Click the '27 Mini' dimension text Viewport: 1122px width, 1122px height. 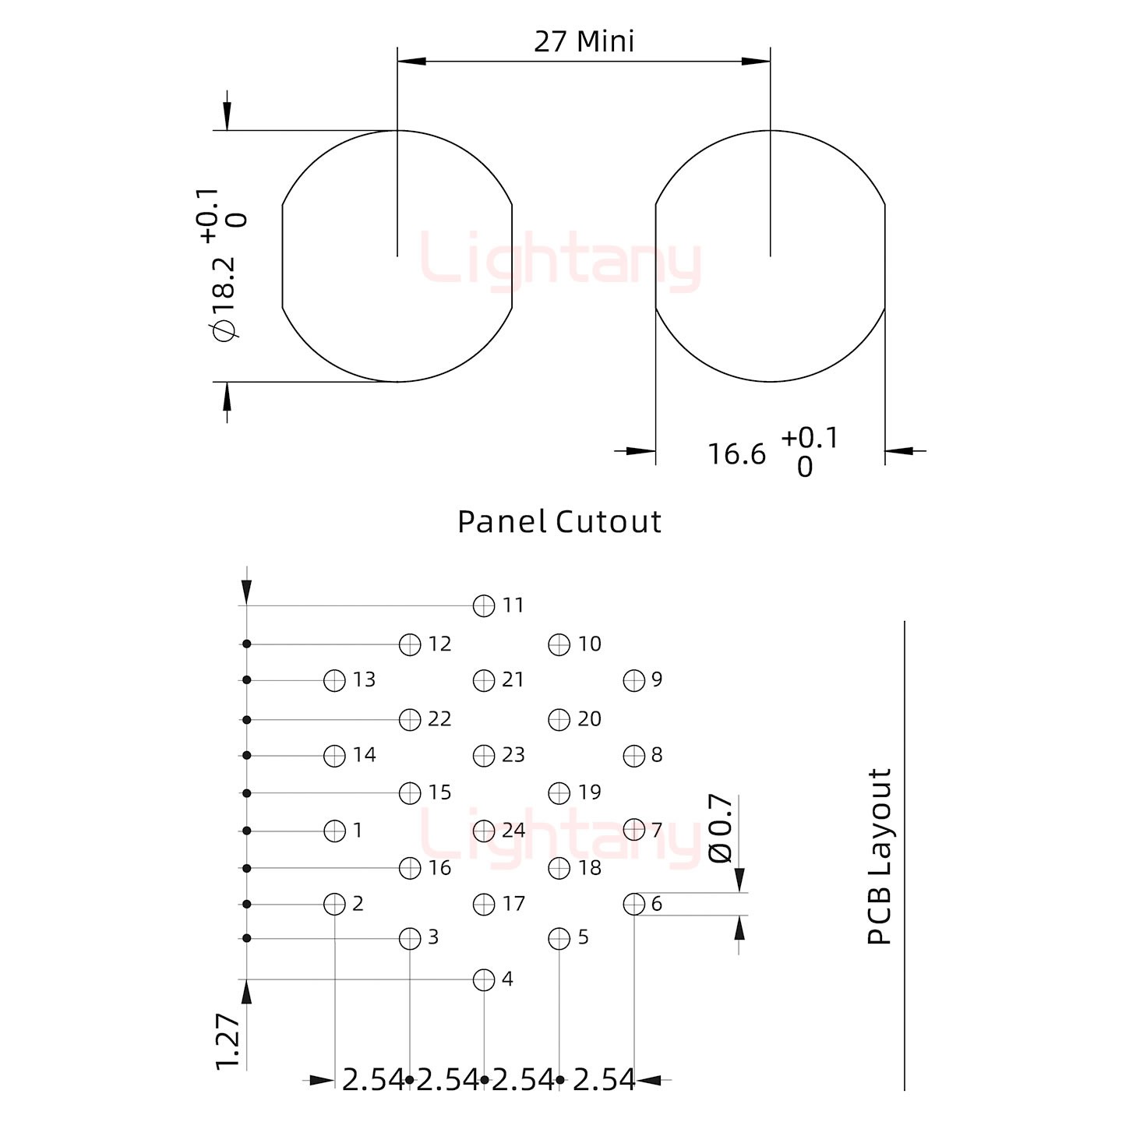pyautogui.click(x=584, y=41)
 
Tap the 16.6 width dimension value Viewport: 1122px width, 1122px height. pyautogui.click(x=736, y=454)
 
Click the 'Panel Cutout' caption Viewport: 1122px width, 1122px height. pyautogui.click(x=559, y=521)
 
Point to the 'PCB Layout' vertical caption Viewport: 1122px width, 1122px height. pyautogui.click(x=880, y=856)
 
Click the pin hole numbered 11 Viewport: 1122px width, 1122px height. pyautogui.click(x=484, y=605)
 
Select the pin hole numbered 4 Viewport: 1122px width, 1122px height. pyautogui.click(x=484, y=979)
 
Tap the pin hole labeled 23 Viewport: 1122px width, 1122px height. pyautogui.click(x=484, y=755)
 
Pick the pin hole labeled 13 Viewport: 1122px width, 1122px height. pyautogui.click(x=334, y=680)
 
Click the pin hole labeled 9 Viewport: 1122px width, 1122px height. pyautogui.click(x=634, y=680)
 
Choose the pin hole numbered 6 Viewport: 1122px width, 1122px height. pyautogui.click(x=634, y=904)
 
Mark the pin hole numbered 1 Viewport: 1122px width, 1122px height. pyautogui.click(x=334, y=831)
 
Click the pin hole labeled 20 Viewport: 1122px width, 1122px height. pyautogui.click(x=559, y=719)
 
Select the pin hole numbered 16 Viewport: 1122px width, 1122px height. pyautogui.click(x=410, y=868)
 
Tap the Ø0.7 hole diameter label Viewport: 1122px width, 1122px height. pyautogui.click(x=721, y=828)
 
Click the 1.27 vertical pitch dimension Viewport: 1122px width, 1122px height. pyautogui.click(x=227, y=1041)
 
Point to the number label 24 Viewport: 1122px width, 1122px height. pyautogui.click(x=513, y=831)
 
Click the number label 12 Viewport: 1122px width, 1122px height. pyautogui.click(x=439, y=644)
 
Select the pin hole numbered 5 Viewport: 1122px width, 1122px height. pyautogui.click(x=559, y=939)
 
